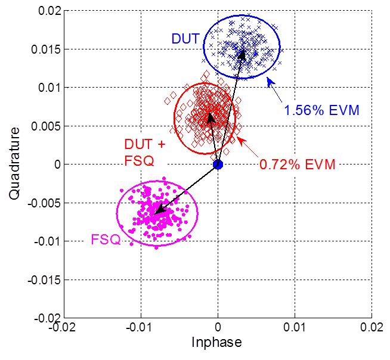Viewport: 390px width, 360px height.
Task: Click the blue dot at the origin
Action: tap(218, 165)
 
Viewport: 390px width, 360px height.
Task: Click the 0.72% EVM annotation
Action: tap(297, 163)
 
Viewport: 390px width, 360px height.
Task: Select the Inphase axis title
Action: tap(217, 343)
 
